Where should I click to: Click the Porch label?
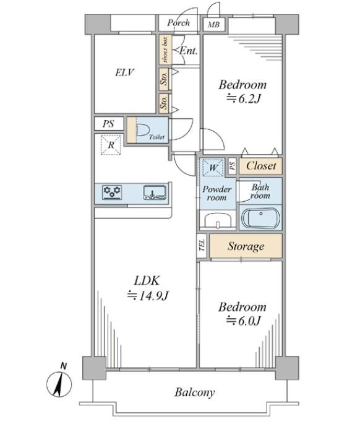(x=178, y=23)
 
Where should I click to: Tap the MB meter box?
(x=214, y=25)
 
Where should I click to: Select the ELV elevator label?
(x=124, y=72)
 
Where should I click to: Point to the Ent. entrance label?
(x=189, y=51)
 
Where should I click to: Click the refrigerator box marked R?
(x=111, y=145)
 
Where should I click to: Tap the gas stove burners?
(x=112, y=192)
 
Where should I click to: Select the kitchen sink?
(x=155, y=193)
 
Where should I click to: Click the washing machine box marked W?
(x=213, y=168)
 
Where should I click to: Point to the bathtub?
(x=260, y=218)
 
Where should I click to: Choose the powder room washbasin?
(x=218, y=220)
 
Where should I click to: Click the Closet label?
(x=261, y=166)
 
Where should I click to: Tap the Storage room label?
(x=246, y=246)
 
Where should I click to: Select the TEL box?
(x=202, y=245)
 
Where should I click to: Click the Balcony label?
(x=195, y=392)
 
